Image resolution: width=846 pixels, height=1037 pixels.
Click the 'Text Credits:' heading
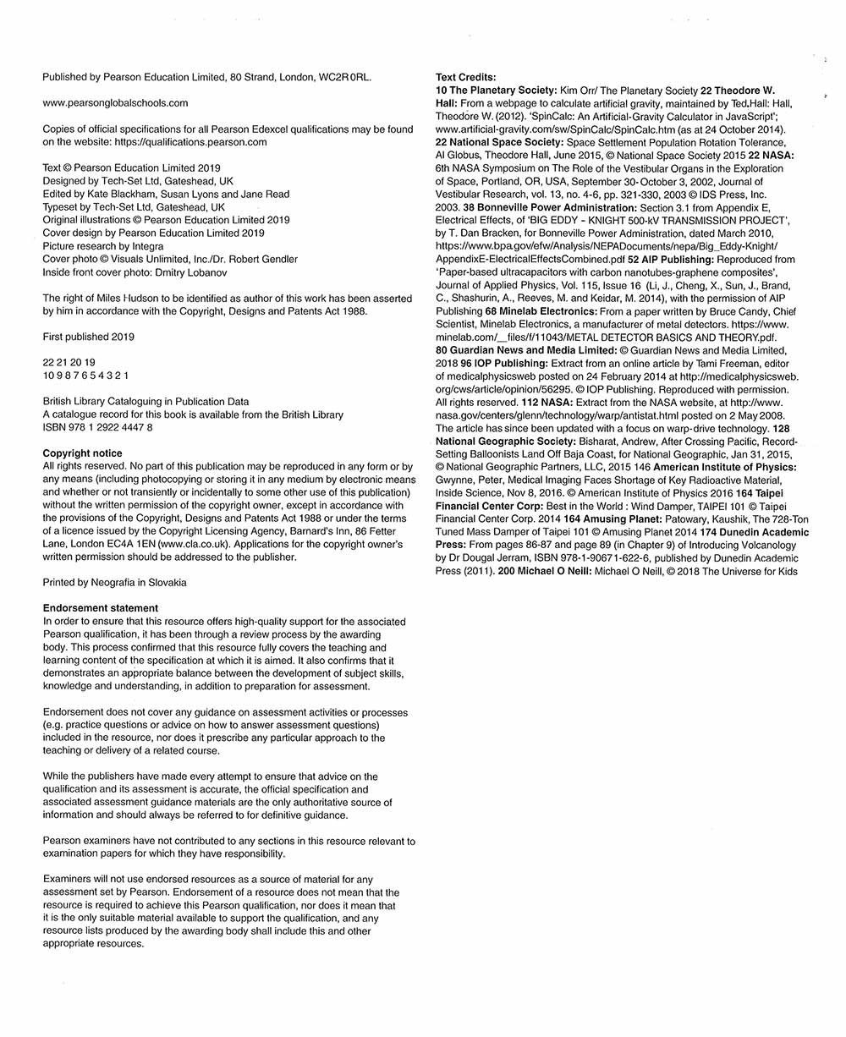tap(466, 78)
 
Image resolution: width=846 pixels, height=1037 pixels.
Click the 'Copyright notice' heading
tap(82, 453)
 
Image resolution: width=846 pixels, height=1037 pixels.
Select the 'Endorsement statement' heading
tap(100, 608)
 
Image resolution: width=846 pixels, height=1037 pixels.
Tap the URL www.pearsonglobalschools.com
tap(115, 103)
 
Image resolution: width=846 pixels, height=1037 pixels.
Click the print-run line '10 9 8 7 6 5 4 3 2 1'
tap(85, 375)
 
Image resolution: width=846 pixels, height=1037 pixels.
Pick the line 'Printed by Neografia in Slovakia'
tap(114, 582)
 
